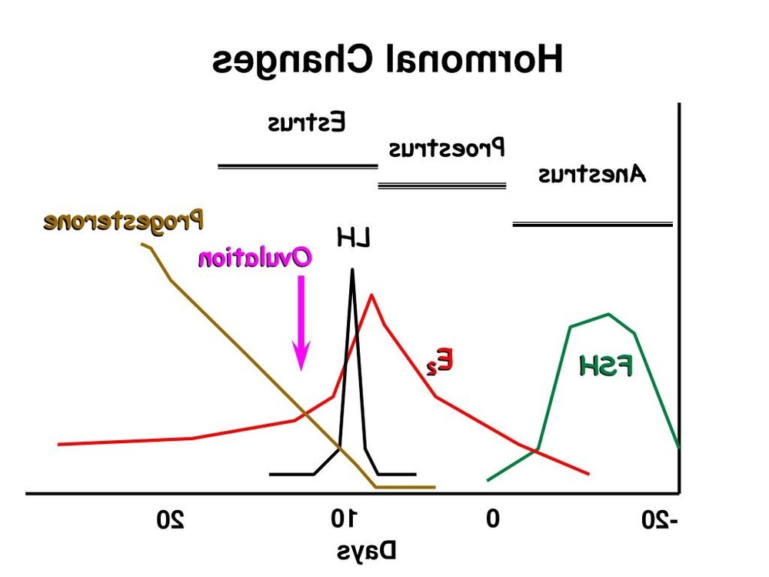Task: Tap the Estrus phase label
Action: tap(307, 123)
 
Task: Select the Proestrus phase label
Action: tap(445, 147)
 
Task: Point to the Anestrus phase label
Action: tap(591, 175)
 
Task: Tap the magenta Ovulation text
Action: tap(255, 257)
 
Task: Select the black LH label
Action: tap(354, 238)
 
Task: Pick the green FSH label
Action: tap(606, 367)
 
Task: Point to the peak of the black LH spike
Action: tap(352, 269)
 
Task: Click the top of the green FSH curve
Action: tap(609, 314)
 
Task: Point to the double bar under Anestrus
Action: tap(592, 225)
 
